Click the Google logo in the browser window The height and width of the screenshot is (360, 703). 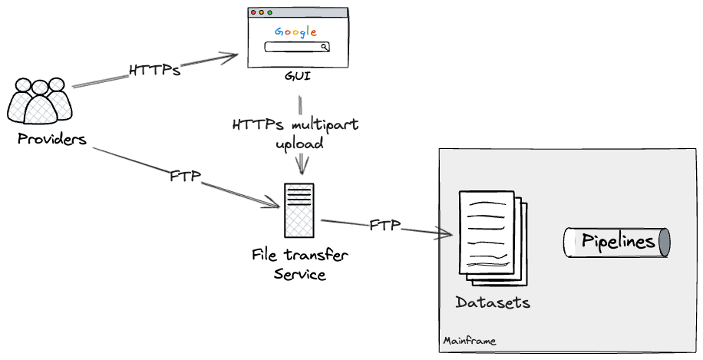[295, 31]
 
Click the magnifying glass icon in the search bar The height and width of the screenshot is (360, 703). [325, 47]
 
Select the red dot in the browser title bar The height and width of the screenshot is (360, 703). [253, 12]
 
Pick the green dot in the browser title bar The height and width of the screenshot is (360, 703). [269, 12]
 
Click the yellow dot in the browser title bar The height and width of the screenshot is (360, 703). [261, 12]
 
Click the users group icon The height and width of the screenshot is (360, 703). [40, 101]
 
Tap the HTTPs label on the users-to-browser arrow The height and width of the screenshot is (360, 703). [155, 71]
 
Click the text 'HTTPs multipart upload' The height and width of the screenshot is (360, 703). [295, 133]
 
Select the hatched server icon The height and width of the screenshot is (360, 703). [299, 211]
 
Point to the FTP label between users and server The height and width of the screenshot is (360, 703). [185, 177]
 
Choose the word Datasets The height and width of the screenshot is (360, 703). [493, 302]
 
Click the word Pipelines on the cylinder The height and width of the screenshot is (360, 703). [618, 243]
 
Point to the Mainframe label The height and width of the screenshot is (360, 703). [470, 341]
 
